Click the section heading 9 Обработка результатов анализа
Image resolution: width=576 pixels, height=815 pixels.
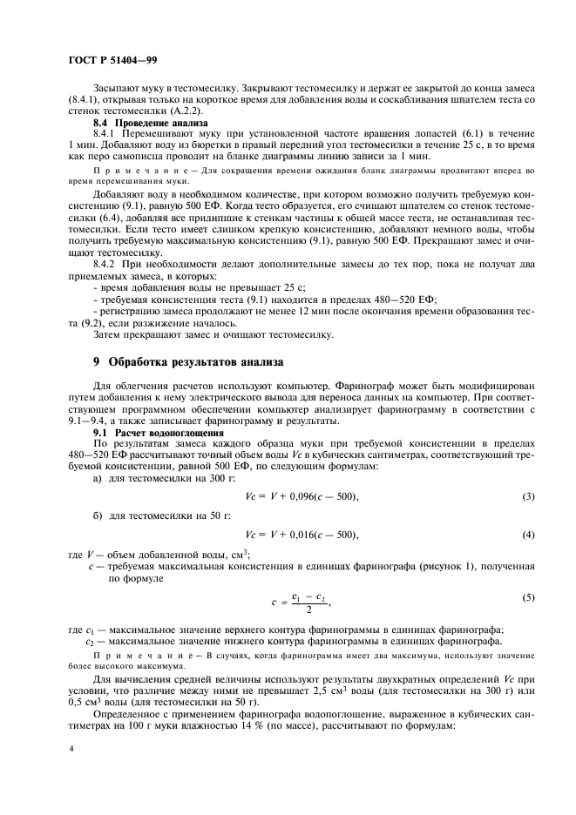[x=203, y=360]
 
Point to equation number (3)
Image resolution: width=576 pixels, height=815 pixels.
[x=528, y=495]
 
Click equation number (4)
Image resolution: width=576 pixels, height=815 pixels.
[x=528, y=533]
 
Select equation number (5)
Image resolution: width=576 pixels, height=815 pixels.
[x=528, y=598]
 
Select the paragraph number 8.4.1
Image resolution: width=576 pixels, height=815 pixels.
[x=107, y=135]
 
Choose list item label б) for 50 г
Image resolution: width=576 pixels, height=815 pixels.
[x=98, y=515]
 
